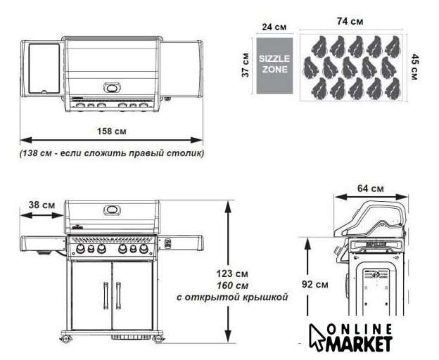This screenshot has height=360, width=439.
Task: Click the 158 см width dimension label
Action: click(111, 131)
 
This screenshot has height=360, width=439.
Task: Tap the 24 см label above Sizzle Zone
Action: click(274, 27)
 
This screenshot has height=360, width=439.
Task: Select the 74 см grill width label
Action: click(350, 21)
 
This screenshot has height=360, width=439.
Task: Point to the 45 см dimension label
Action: click(415, 67)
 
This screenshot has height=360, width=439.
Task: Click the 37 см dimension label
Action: click(246, 65)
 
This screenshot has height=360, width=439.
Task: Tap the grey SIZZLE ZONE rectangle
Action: click(274, 65)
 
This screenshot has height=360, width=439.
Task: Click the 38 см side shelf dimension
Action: click(42, 205)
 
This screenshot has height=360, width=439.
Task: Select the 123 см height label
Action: click(232, 274)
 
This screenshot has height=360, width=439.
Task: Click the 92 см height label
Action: click(314, 285)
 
